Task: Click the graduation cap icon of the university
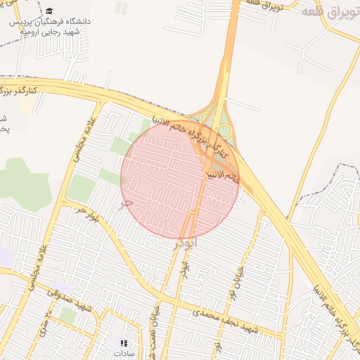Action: (x=50, y=11)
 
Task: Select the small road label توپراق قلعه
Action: (x=261, y=5)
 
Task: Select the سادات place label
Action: (x=124, y=354)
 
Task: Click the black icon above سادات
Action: (x=124, y=343)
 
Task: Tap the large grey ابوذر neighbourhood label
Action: (x=186, y=243)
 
